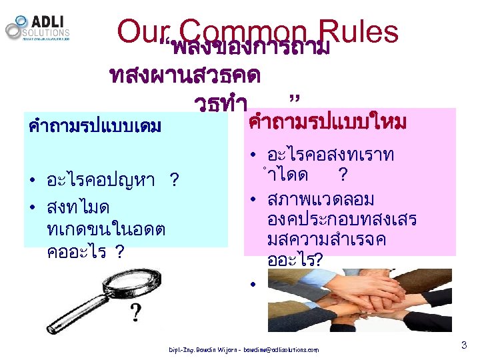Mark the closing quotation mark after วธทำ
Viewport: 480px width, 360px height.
pos(293,101)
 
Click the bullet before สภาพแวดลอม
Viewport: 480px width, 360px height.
pos(253,199)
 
